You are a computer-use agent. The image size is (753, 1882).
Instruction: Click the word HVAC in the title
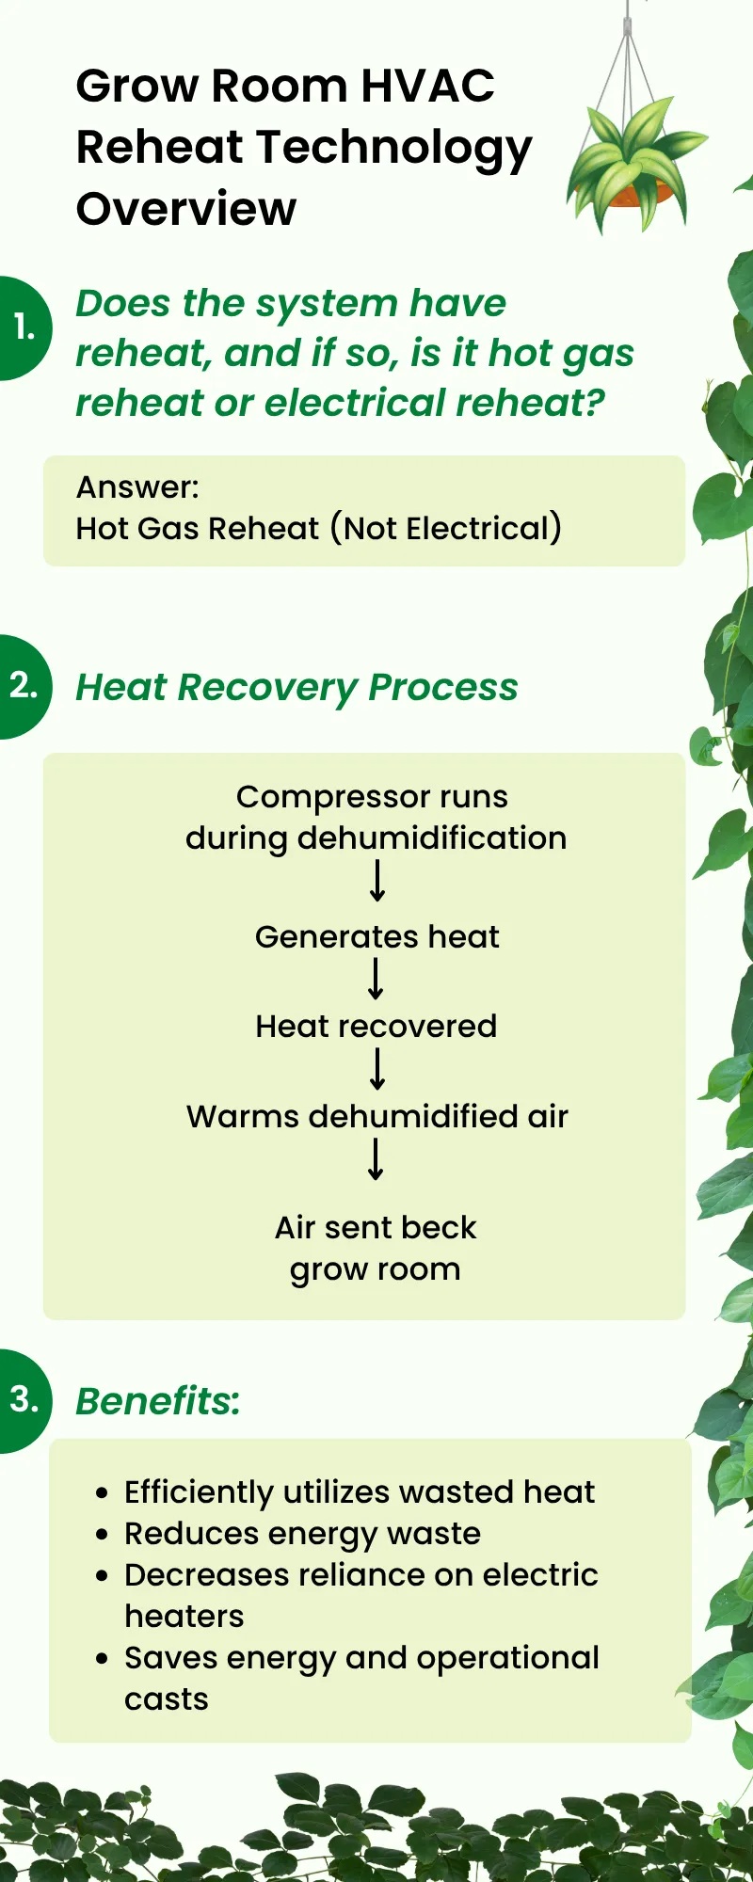pos(428,86)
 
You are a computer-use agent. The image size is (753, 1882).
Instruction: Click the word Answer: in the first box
pos(137,487)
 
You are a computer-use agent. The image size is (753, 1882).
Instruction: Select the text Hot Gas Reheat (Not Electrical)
pos(319,529)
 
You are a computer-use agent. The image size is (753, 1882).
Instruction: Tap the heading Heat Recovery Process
pos(296,688)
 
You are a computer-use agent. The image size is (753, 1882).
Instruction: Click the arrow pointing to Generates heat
pos(376,881)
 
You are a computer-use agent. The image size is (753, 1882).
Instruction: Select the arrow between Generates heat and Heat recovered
pos(376,979)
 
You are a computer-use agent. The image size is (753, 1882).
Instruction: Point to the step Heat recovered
pos(376,1026)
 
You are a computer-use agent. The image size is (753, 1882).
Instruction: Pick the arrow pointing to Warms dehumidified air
pos(376,1069)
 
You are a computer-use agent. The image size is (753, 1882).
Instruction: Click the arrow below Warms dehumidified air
pos(376,1159)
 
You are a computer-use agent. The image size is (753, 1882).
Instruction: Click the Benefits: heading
pos(158,1401)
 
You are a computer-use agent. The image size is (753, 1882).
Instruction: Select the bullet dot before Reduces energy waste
pos(103,1535)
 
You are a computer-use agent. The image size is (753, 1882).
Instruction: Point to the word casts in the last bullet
pos(167,1699)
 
